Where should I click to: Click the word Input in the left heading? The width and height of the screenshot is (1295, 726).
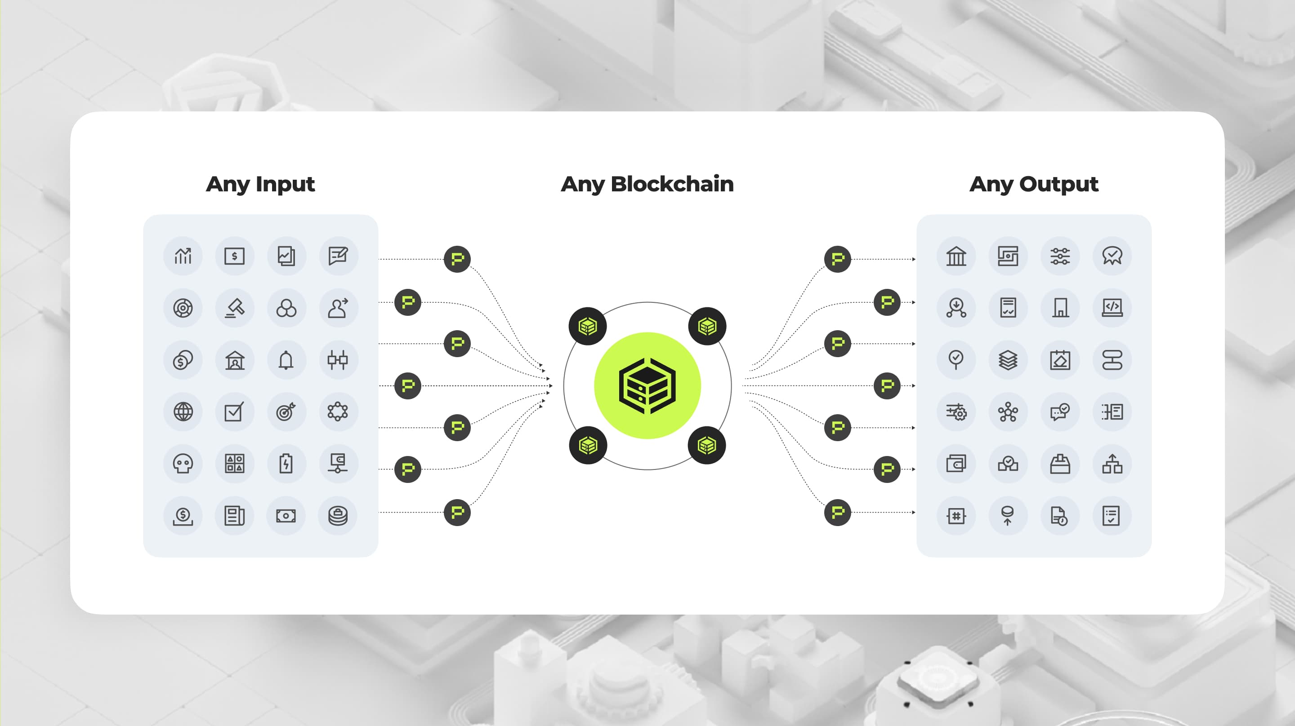[x=285, y=184]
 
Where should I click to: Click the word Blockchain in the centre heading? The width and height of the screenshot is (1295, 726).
[x=672, y=184]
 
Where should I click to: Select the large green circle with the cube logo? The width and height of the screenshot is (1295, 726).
[x=647, y=386]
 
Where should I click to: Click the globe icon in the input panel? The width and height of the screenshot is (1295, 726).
[x=183, y=412]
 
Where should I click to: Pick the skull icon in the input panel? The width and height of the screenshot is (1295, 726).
[x=183, y=464]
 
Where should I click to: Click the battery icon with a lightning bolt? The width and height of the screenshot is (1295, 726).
[x=286, y=464]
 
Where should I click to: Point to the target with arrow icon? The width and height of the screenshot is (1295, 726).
[x=286, y=412]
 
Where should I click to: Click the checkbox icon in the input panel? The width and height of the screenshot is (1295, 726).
[x=235, y=412]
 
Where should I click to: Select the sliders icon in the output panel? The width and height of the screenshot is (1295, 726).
[x=1060, y=256]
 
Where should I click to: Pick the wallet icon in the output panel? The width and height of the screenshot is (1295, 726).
[x=956, y=464]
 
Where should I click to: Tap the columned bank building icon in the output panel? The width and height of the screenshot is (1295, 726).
[x=956, y=256]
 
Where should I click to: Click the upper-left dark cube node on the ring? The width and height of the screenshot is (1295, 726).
[x=588, y=327]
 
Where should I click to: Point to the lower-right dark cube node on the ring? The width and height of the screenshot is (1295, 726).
[x=707, y=445]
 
